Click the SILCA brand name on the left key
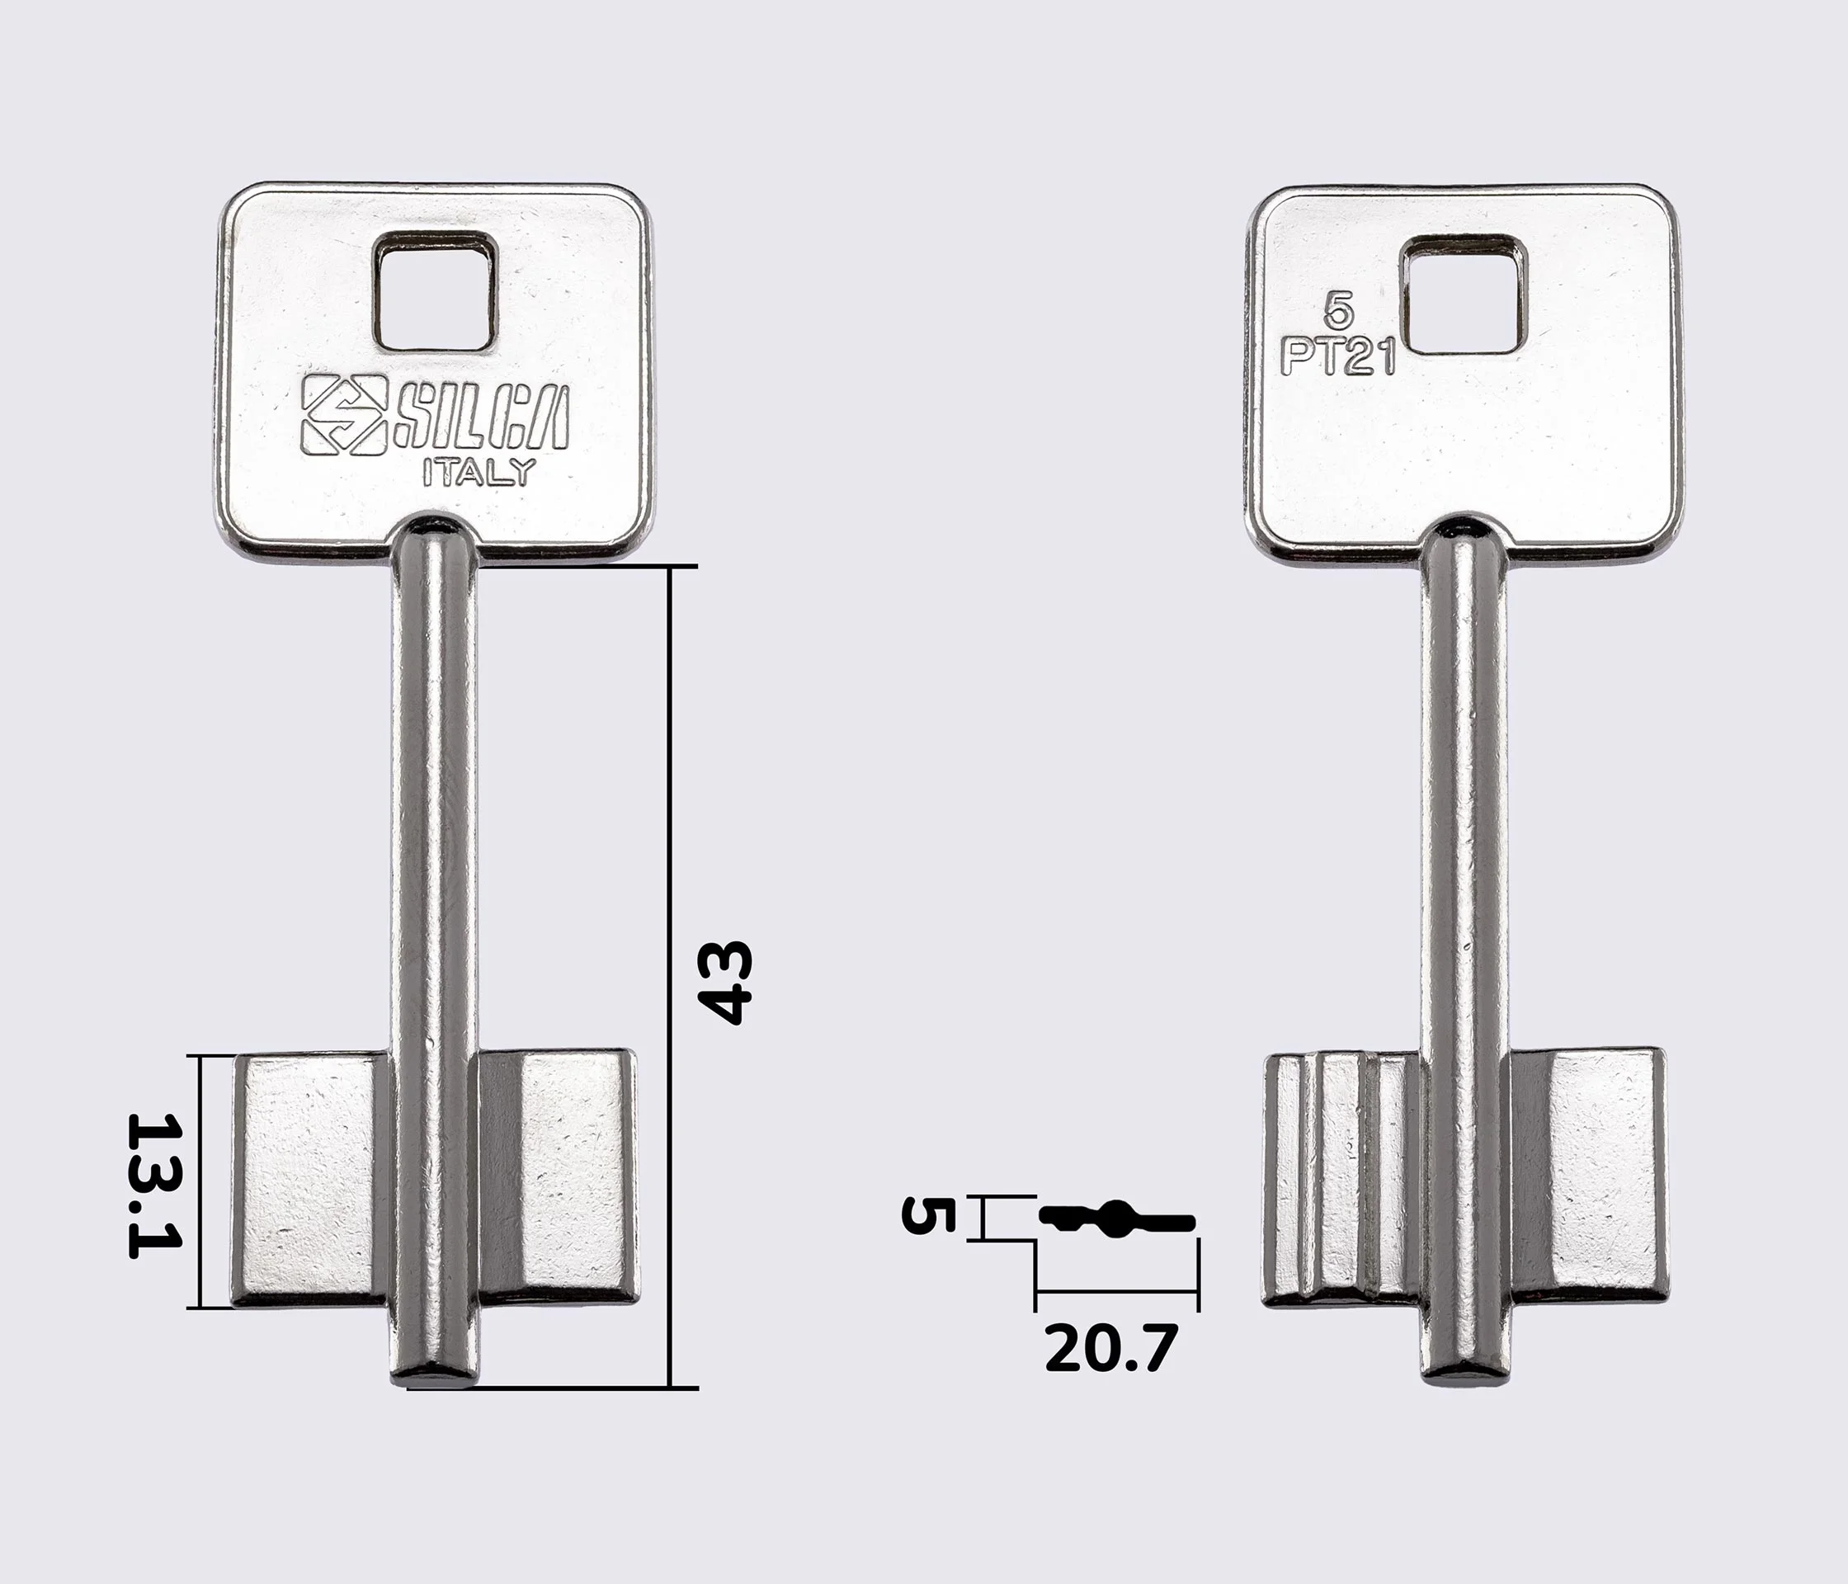coord(482,418)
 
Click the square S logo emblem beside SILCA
coord(344,415)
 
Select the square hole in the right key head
coord(1464,295)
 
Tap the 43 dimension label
coord(725,982)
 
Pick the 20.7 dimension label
coord(1111,1349)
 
